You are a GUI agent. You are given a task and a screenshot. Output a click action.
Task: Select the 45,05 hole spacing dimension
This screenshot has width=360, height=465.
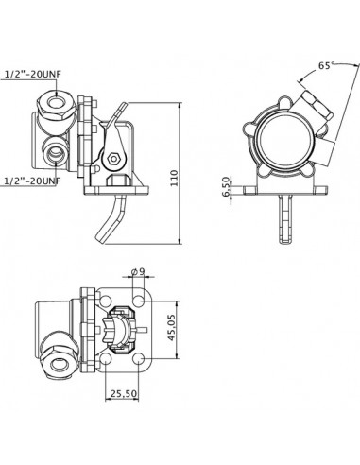pos(173,334)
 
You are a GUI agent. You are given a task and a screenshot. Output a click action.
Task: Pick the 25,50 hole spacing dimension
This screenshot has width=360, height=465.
pos(124,392)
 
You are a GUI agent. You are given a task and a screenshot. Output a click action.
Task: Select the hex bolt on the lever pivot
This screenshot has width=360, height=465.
pos(112,156)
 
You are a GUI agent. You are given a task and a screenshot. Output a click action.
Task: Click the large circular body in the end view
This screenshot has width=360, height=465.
pos(280,142)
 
